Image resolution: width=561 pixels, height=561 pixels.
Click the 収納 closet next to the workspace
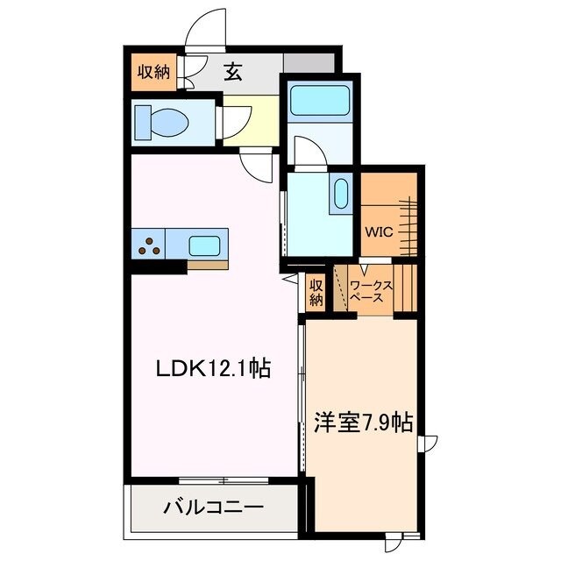pos(316,291)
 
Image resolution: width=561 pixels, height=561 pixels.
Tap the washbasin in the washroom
pos(339,194)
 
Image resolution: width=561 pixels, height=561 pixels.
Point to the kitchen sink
pos(205,245)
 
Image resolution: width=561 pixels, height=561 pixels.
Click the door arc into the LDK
pos(258,164)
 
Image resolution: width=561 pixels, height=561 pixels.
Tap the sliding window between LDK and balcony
pos(224,479)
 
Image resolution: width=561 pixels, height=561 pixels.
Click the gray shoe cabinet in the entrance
pos(309,63)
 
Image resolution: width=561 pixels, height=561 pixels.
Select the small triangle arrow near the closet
pos(288,280)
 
